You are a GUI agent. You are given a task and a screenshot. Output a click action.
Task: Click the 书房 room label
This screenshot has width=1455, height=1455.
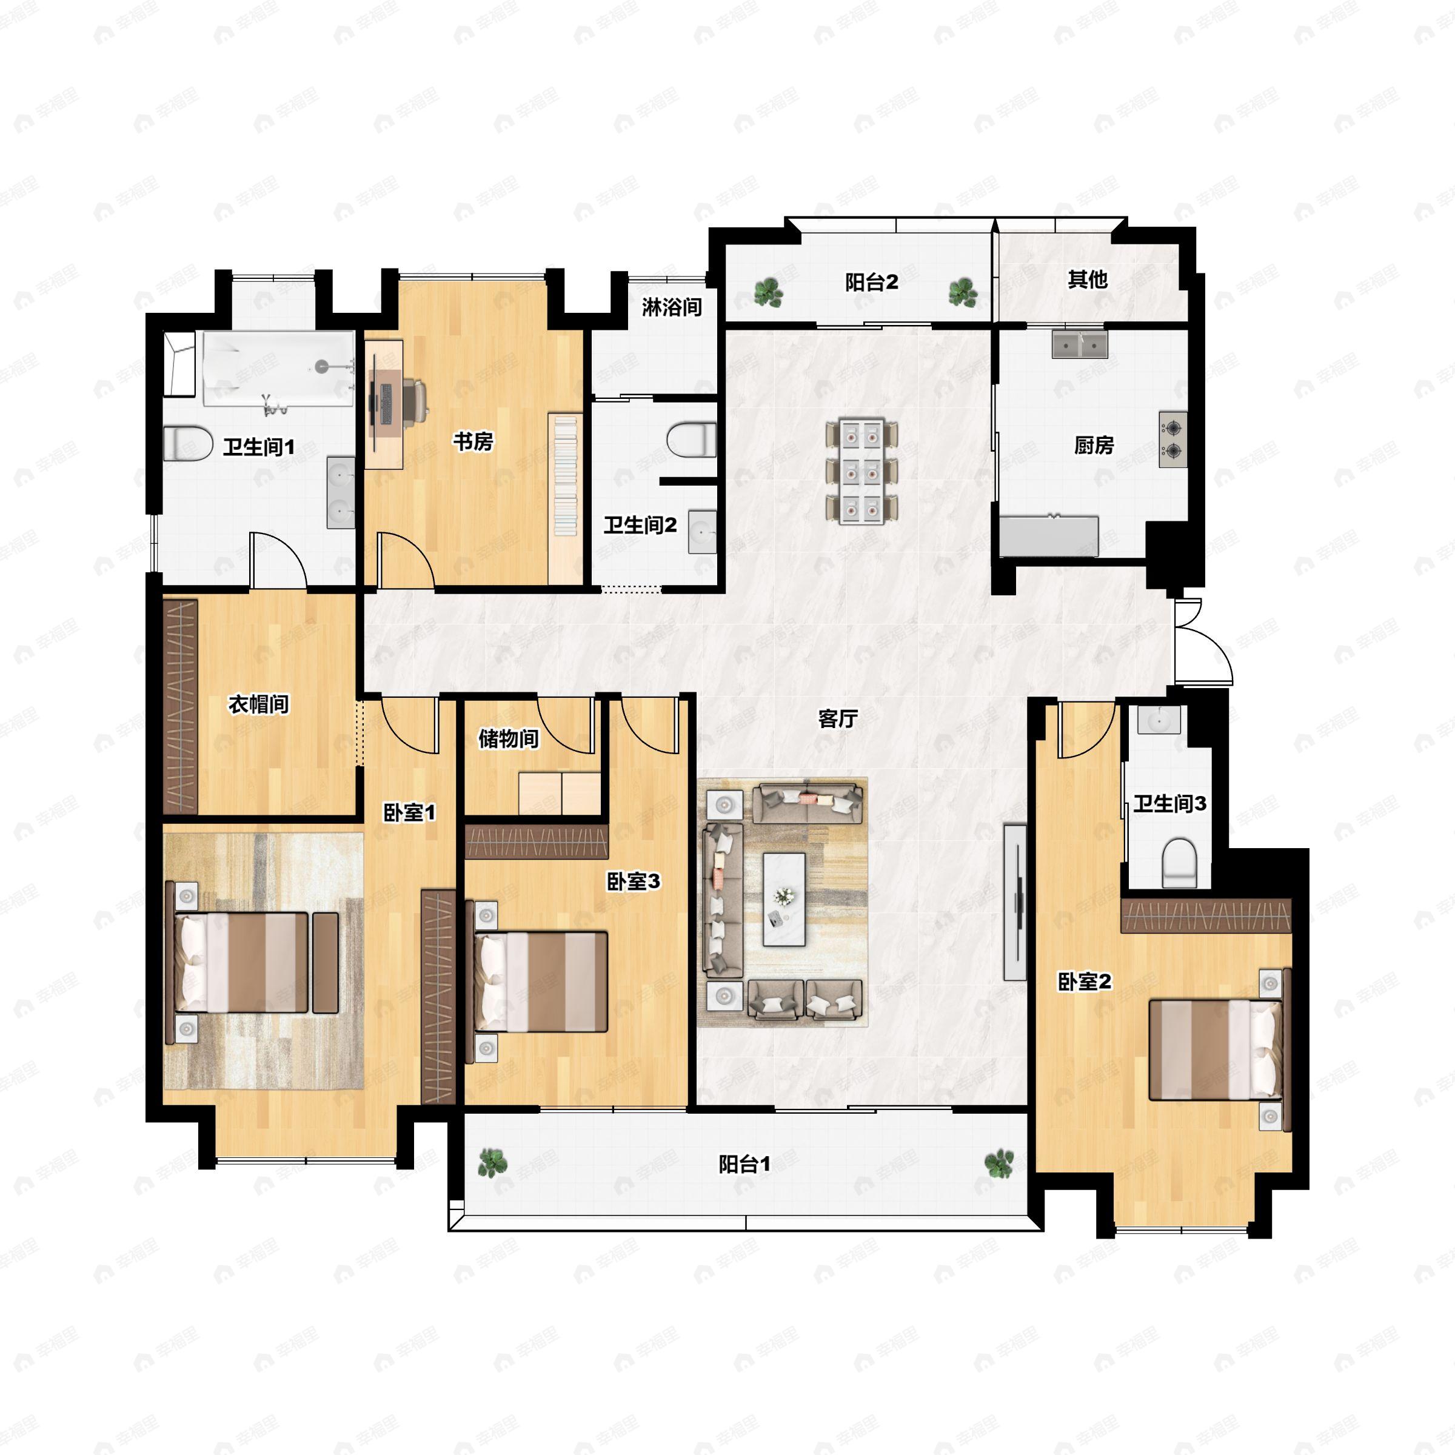click(x=473, y=441)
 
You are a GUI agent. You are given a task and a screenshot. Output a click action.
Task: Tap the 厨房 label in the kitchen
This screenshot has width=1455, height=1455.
click(x=1094, y=445)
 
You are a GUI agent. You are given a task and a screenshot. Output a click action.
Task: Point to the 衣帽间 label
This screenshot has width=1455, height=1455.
click(x=259, y=704)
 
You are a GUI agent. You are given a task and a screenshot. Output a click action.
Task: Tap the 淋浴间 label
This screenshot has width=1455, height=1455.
click(x=672, y=307)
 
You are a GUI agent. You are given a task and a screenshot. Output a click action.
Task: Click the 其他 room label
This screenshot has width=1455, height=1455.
click(x=1088, y=279)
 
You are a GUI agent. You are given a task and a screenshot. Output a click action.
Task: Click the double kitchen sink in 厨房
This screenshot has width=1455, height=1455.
click(x=1080, y=345)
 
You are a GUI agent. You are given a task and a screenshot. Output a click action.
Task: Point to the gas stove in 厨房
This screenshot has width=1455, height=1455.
click(x=1172, y=440)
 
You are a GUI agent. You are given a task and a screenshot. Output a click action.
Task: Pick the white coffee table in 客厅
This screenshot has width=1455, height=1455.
click(x=784, y=899)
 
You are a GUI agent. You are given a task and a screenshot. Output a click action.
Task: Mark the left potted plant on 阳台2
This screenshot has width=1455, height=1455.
click(x=768, y=292)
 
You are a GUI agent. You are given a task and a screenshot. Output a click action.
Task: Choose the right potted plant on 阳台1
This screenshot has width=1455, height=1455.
click(x=999, y=1163)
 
